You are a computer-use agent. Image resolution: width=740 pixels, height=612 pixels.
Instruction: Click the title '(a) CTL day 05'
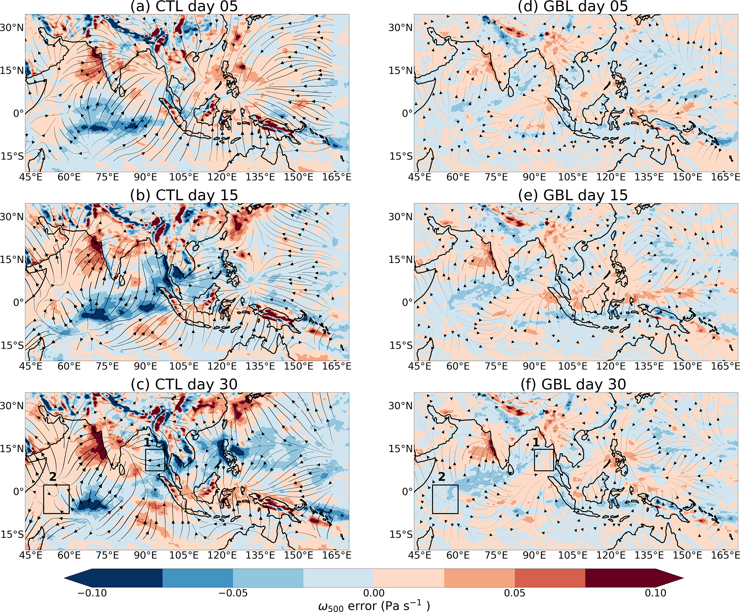point(184,6)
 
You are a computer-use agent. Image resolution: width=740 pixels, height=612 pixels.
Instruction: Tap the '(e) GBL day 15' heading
point(573,195)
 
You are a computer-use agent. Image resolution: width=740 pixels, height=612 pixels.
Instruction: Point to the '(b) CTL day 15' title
point(184,195)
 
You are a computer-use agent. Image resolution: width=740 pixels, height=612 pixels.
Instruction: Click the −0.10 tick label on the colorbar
point(92,593)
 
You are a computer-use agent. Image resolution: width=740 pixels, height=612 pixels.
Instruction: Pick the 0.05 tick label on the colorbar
point(514,593)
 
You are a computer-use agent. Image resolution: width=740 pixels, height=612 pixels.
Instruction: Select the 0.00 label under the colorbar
point(373,593)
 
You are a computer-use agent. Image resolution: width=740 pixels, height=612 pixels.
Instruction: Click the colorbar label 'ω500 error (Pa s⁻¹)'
point(373,606)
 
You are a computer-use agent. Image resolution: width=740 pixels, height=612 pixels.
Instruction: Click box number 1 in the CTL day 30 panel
point(155,460)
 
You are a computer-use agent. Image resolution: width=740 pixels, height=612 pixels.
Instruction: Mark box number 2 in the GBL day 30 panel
point(445,499)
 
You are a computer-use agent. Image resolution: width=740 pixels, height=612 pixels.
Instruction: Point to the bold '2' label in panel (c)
point(53,477)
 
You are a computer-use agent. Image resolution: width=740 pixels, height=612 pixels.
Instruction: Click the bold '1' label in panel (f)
point(536,443)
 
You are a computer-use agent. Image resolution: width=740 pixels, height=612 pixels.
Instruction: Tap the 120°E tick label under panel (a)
point(222,177)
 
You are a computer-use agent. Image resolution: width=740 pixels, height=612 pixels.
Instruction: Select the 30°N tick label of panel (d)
point(401,28)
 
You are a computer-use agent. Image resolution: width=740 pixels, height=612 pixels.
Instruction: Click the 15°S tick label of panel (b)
point(12,345)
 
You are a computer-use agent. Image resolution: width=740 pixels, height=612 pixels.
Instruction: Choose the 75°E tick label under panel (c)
point(108,555)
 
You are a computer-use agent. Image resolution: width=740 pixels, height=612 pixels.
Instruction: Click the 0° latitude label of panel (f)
point(407,492)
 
